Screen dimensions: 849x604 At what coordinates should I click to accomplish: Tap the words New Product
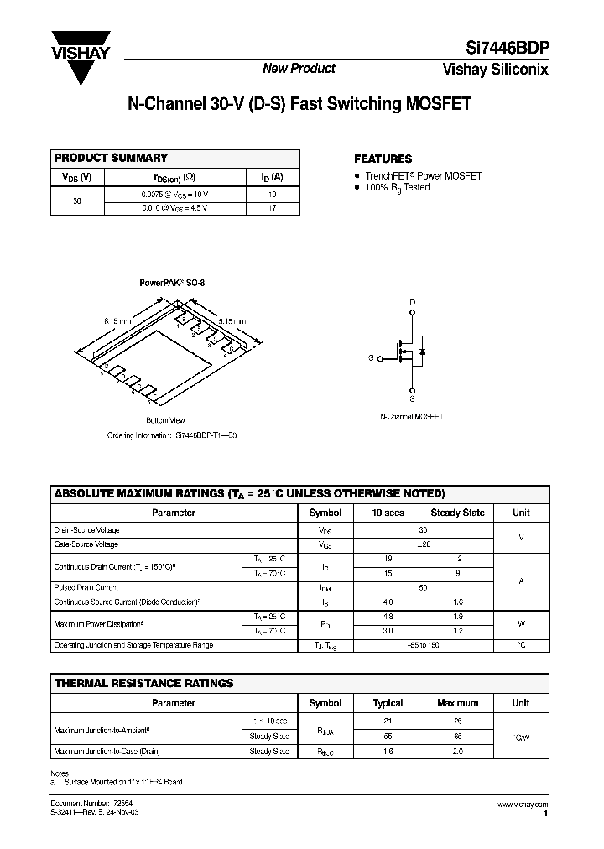299,69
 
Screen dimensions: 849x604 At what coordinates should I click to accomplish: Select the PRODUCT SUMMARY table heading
111,158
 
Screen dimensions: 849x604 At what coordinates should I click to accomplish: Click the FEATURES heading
383,159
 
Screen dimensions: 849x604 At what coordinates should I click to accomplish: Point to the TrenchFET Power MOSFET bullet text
423,176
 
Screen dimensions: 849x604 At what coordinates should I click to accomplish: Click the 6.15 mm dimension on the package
117,320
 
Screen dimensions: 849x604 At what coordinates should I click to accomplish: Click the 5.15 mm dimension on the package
232,320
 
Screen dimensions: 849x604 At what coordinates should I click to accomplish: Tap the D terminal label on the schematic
412,301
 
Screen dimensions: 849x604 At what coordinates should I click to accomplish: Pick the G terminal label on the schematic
370,358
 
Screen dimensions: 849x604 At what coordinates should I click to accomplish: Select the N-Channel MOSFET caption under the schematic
412,417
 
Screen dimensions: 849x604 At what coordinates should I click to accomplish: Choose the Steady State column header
457,513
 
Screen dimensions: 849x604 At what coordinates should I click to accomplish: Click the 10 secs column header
388,513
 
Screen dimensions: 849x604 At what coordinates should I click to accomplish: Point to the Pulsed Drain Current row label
86,588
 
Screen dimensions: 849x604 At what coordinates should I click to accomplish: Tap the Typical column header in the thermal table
388,703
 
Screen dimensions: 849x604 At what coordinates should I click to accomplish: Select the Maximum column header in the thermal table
457,703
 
